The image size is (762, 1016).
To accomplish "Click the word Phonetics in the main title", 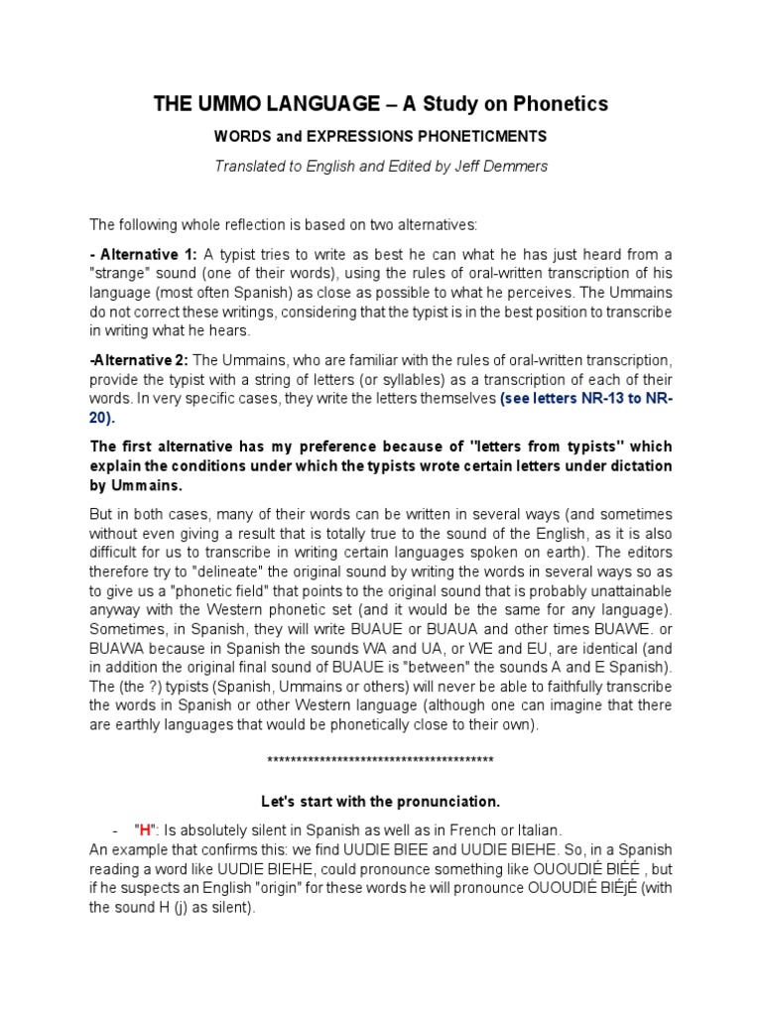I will tap(558, 104).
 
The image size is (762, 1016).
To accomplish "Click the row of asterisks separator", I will tap(381, 760).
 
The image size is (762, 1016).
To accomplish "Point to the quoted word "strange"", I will tap(123, 275).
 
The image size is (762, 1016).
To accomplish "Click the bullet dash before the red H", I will tap(116, 828).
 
